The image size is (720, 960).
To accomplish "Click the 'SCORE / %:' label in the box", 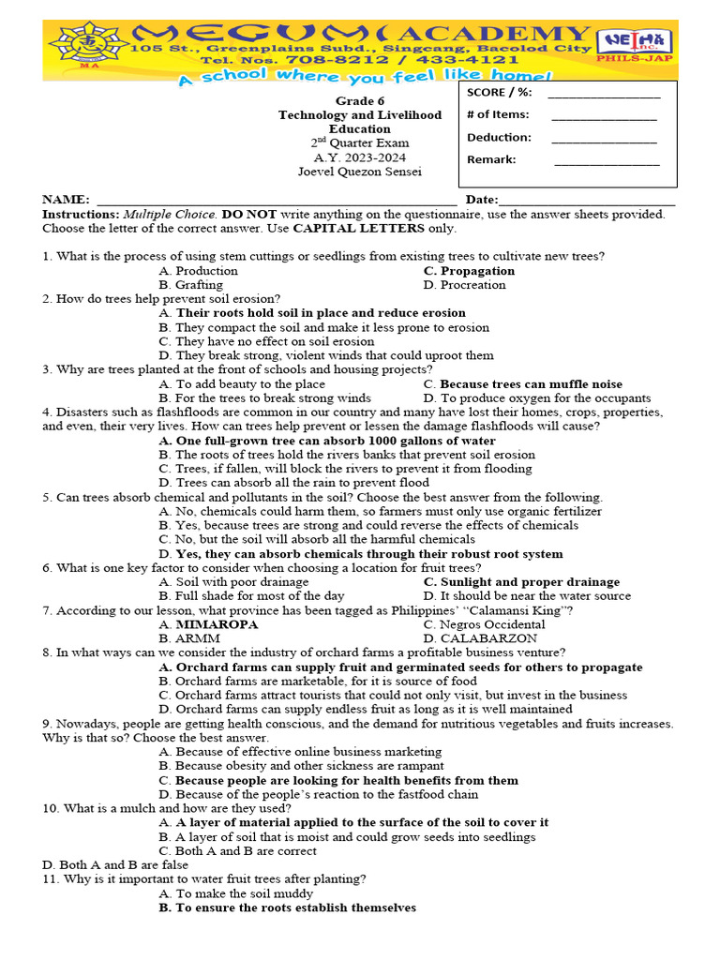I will tap(499, 92).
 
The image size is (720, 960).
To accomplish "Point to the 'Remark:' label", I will tap(491, 159).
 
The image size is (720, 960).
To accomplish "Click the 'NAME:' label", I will tap(66, 200).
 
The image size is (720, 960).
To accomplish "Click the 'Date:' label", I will tap(482, 200).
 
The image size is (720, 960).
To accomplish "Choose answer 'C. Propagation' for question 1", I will tap(469, 271).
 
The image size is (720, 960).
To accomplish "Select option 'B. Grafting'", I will tap(191, 285).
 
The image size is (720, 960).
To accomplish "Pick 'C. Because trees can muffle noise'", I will tap(522, 384).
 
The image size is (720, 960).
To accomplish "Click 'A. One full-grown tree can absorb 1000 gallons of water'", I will tap(327, 441).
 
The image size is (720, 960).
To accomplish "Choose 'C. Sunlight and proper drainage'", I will tap(521, 582).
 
